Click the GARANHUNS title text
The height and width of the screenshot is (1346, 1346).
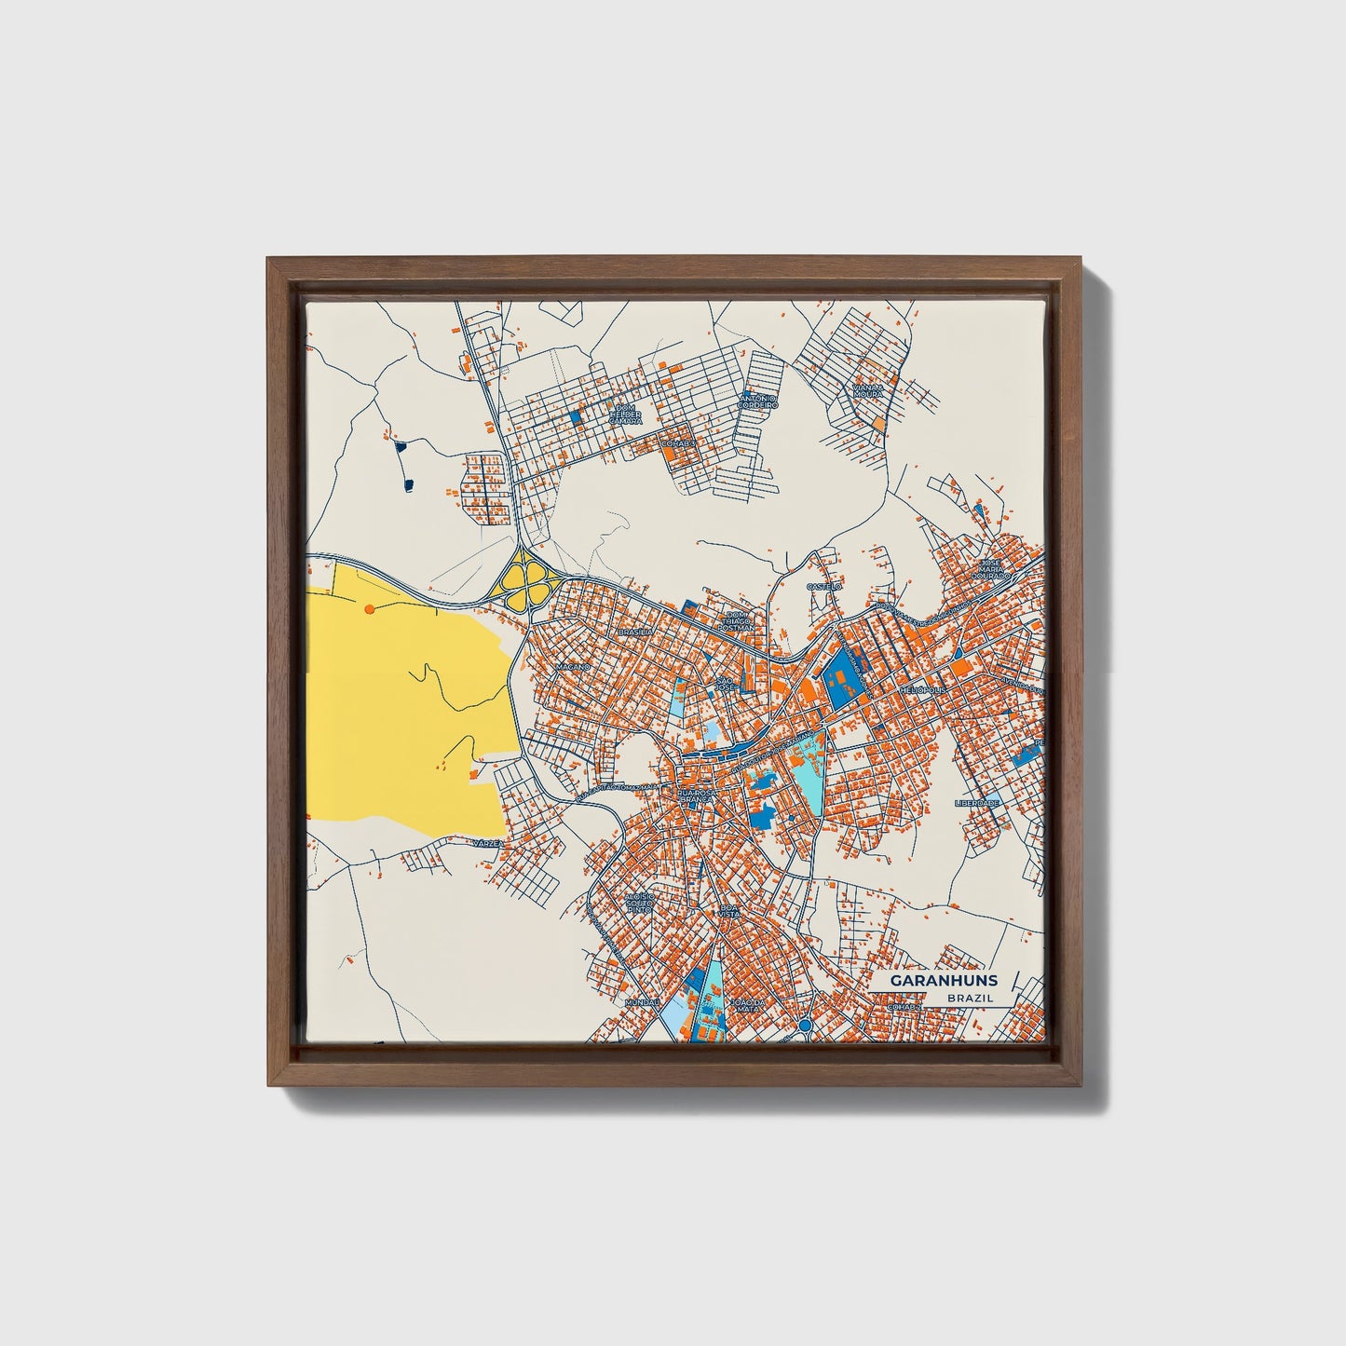coord(943,980)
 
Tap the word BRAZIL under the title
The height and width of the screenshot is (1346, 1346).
coord(969,998)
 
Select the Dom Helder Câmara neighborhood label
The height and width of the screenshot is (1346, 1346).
coord(624,414)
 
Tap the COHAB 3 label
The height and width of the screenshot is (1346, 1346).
coord(678,443)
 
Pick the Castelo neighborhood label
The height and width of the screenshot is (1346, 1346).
coord(824,587)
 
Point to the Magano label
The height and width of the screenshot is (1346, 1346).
coord(574,668)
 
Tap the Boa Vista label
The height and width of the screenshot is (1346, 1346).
coord(729,910)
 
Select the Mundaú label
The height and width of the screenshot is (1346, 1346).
coord(643,1002)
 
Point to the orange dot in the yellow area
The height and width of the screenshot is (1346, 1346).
coord(370,608)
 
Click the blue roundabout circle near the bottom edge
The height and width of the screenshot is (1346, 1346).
coord(804,1026)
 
